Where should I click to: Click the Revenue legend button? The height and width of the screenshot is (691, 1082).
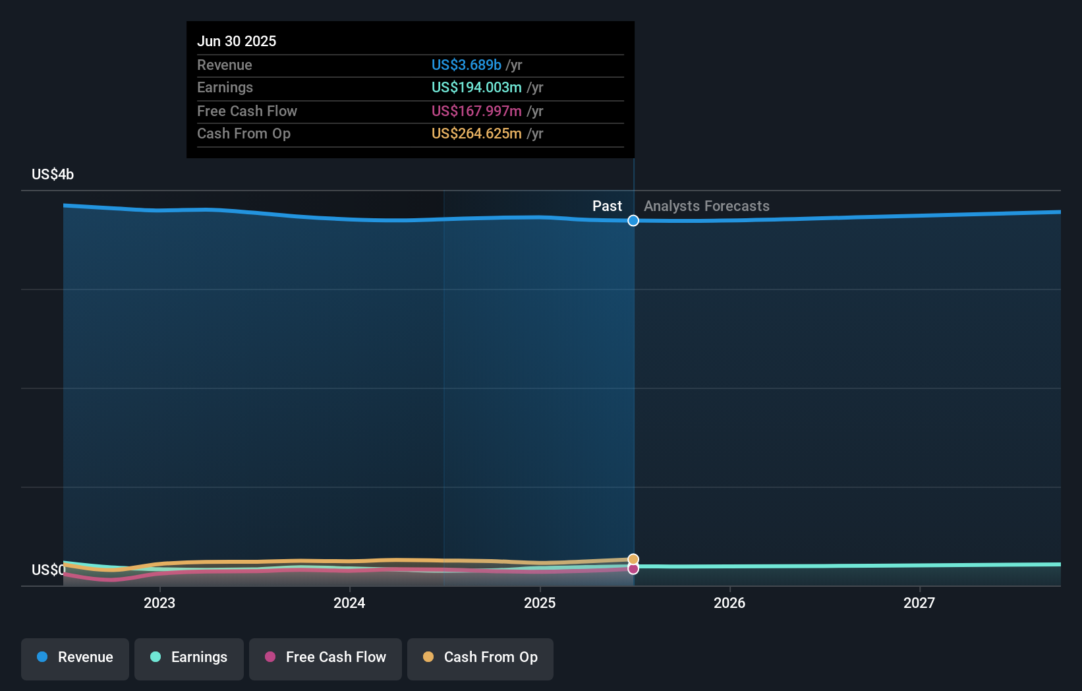click(75, 657)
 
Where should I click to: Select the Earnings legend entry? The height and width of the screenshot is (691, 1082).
click(189, 657)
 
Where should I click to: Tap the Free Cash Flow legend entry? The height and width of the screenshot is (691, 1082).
click(326, 657)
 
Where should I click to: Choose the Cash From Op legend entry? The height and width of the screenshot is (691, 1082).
click(480, 657)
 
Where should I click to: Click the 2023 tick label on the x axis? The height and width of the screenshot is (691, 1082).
click(159, 603)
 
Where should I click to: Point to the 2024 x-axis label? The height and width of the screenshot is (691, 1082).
click(349, 603)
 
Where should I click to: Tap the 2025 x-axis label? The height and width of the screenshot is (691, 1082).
click(540, 603)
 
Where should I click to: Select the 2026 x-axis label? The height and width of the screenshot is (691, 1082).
click(729, 603)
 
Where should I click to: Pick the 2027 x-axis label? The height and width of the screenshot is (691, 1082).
click(919, 603)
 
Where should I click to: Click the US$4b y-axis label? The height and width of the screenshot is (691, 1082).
click(53, 175)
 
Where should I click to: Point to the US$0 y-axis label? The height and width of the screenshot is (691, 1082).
click(48, 570)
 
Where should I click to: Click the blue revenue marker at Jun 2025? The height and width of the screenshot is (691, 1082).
click(633, 221)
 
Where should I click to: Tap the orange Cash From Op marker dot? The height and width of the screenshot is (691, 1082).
click(633, 559)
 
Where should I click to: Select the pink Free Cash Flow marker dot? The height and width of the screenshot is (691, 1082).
click(633, 569)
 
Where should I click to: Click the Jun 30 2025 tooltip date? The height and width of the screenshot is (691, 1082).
click(237, 41)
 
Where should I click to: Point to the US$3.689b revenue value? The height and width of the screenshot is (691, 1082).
click(467, 65)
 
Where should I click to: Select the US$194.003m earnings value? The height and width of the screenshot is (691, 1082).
click(476, 88)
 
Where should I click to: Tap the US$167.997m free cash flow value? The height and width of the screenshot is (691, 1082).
click(476, 111)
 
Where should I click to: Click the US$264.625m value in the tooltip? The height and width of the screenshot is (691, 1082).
click(476, 134)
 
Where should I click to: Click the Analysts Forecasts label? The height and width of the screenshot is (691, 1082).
click(706, 206)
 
